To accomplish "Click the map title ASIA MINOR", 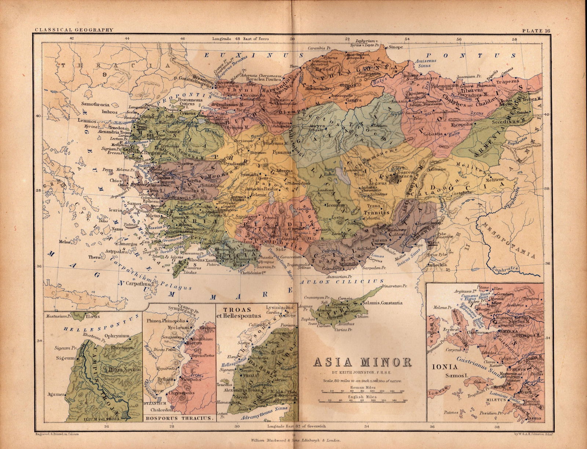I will pos(361,362).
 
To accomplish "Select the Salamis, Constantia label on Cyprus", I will pos(382,303).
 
